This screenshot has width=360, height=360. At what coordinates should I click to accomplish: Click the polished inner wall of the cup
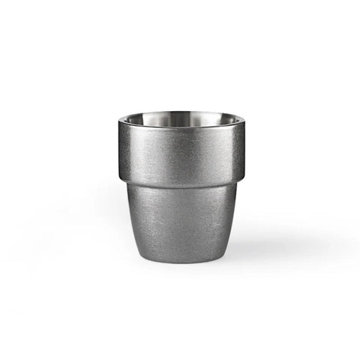(180, 119)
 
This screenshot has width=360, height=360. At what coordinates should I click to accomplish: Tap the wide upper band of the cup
(180, 150)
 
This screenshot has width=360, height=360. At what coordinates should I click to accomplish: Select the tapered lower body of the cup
(180, 214)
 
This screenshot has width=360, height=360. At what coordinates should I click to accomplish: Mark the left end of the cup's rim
(119, 122)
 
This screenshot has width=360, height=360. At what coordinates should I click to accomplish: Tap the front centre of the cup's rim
(180, 128)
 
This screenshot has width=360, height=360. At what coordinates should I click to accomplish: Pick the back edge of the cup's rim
(180, 112)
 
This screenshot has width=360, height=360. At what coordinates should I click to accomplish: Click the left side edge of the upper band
(120, 150)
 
